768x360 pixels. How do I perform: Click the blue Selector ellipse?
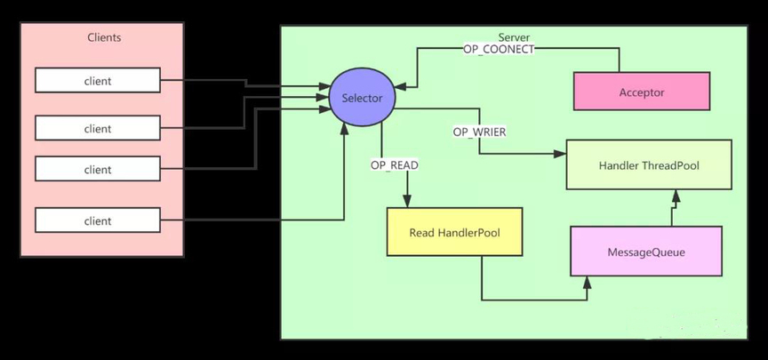click(x=362, y=98)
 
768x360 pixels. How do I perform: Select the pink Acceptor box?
click(x=641, y=92)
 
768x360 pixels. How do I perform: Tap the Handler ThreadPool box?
click(x=649, y=164)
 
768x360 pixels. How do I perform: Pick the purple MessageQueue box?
click(x=646, y=252)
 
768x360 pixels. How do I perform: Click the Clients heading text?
click(x=104, y=37)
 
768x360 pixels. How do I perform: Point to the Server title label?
click(x=514, y=37)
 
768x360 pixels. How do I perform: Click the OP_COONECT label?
click(x=499, y=50)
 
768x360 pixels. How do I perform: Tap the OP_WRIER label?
click(x=480, y=132)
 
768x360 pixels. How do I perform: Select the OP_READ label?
click(x=395, y=165)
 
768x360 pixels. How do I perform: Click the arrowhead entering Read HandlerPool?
click(x=407, y=202)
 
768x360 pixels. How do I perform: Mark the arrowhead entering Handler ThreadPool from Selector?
click(x=561, y=154)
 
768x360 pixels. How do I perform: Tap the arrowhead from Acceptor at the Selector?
click(x=399, y=86)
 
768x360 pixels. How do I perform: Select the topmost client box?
click(x=98, y=81)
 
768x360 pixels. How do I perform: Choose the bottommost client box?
click(x=98, y=220)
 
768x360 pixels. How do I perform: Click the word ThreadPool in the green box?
click(x=672, y=164)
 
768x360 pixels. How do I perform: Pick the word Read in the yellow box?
click(x=421, y=233)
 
